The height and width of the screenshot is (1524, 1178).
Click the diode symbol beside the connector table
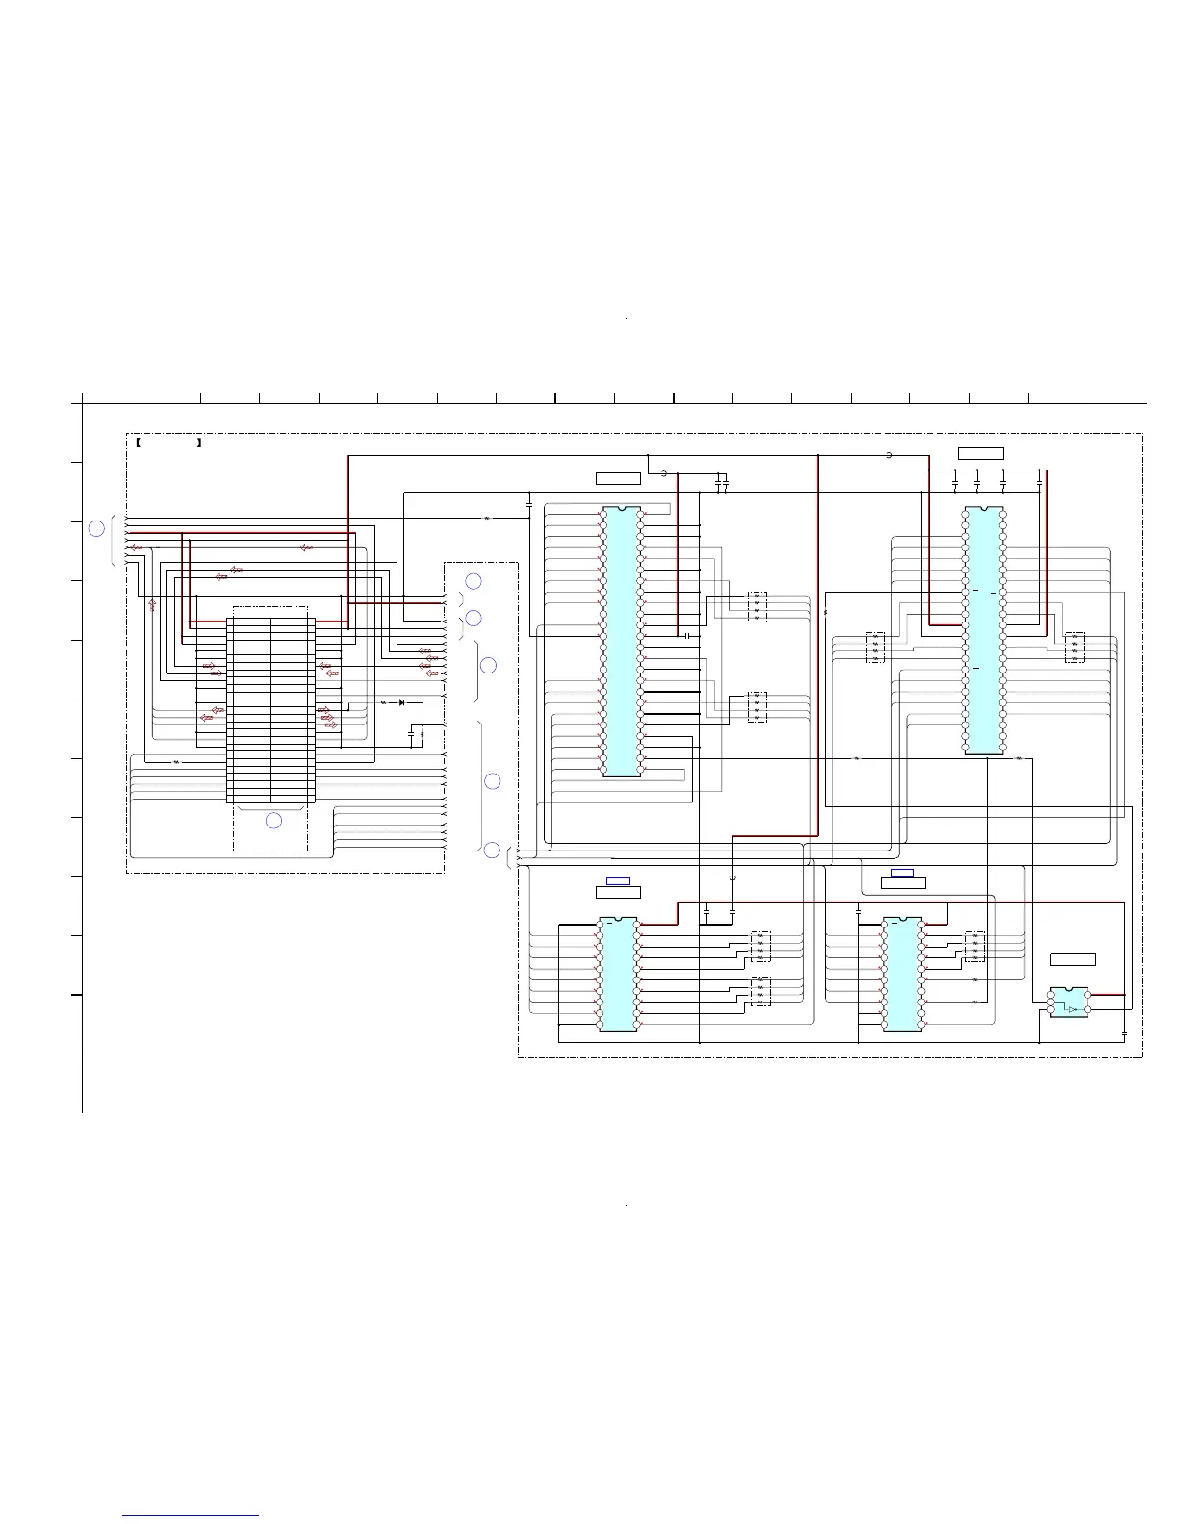click(401, 703)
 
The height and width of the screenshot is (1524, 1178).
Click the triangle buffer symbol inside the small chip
click(1072, 1008)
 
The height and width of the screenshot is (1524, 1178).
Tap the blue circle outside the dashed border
click(96, 527)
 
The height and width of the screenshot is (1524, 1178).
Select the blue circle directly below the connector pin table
click(273, 821)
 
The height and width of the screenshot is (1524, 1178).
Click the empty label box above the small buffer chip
click(1072, 958)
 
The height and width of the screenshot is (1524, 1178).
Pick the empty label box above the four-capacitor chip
click(981, 453)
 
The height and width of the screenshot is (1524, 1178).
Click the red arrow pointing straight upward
click(152, 605)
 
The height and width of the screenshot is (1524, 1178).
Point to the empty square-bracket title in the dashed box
click(168, 444)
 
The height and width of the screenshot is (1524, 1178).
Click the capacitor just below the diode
click(412, 733)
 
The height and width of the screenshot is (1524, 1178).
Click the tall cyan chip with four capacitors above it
click(984, 631)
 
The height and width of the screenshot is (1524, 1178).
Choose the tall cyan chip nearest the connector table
click(621, 641)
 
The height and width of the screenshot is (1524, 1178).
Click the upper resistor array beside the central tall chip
click(756, 606)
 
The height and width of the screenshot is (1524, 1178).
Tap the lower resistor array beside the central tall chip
click(756, 707)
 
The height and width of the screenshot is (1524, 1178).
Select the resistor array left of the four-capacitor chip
click(875, 646)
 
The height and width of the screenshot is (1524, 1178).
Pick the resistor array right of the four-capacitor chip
click(1075, 646)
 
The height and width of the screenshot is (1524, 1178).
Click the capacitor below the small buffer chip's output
click(1125, 1034)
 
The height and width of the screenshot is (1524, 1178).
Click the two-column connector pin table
click(270, 705)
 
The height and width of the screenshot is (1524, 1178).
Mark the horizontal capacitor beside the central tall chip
click(687, 636)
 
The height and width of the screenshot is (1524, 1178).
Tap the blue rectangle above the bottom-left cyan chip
click(618, 880)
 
